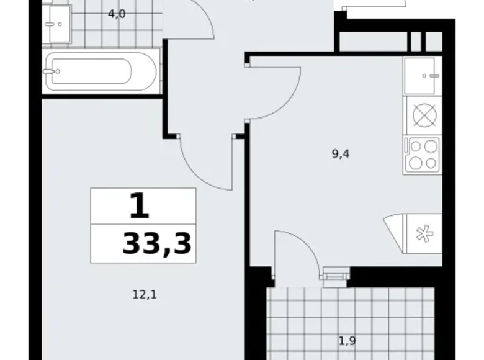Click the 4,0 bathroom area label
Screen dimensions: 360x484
click(x=117, y=14)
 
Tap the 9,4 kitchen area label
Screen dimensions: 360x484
click(x=341, y=155)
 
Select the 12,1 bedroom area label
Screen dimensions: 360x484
click(x=144, y=295)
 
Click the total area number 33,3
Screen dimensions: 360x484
click(x=157, y=243)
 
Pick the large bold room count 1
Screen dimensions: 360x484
click(x=140, y=206)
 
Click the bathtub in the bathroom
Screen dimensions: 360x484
click(x=101, y=71)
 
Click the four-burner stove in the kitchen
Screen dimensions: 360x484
click(x=423, y=154)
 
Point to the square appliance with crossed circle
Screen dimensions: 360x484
click(x=423, y=115)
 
